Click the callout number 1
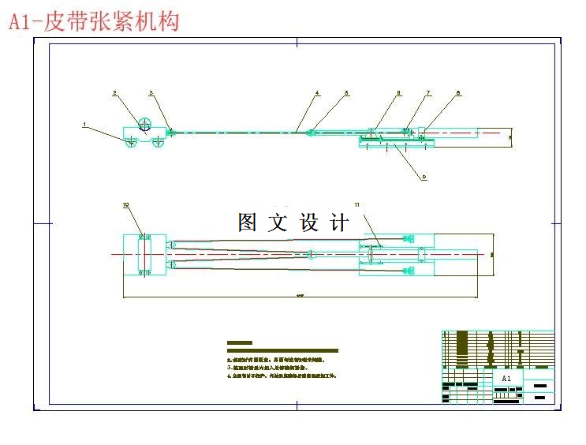click(x=84, y=124)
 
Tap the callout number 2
click(x=115, y=93)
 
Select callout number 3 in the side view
click(x=151, y=93)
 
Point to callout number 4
click(x=317, y=93)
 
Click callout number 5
click(x=345, y=93)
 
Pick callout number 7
click(x=428, y=93)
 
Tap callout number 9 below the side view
click(x=424, y=178)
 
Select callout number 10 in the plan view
click(x=125, y=204)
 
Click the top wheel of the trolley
click(x=144, y=124)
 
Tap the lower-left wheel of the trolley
click(x=130, y=140)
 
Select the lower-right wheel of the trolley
click(x=159, y=140)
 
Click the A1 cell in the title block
click(x=507, y=379)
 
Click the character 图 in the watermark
click(x=248, y=222)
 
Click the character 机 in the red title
click(x=146, y=21)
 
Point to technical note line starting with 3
click(x=272, y=368)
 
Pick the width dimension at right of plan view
click(x=492, y=254)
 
